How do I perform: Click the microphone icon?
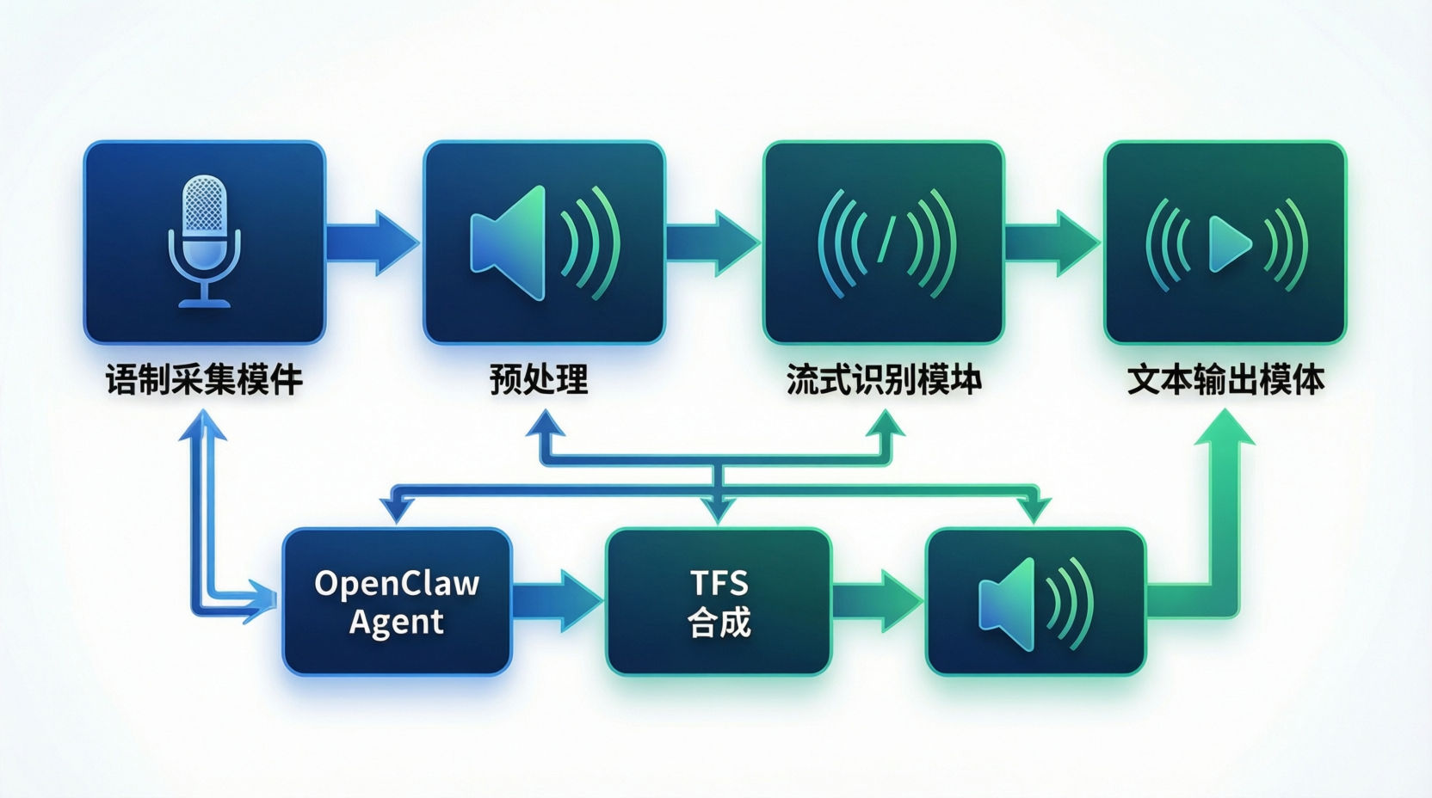[x=204, y=241]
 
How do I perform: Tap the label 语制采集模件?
[x=204, y=379]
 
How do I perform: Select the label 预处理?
[x=539, y=379]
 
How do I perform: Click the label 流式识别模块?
[x=884, y=379]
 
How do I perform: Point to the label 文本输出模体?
[x=1225, y=379]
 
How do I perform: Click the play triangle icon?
[x=1229, y=243]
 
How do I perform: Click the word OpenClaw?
[x=396, y=583]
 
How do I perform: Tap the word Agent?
[x=396, y=622]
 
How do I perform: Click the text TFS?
[x=719, y=583]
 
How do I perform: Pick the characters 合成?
[x=719, y=623]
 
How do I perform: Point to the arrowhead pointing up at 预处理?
[x=546, y=423]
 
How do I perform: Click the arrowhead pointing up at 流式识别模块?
[x=886, y=423]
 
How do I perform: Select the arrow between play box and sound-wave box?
[x=1052, y=242]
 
